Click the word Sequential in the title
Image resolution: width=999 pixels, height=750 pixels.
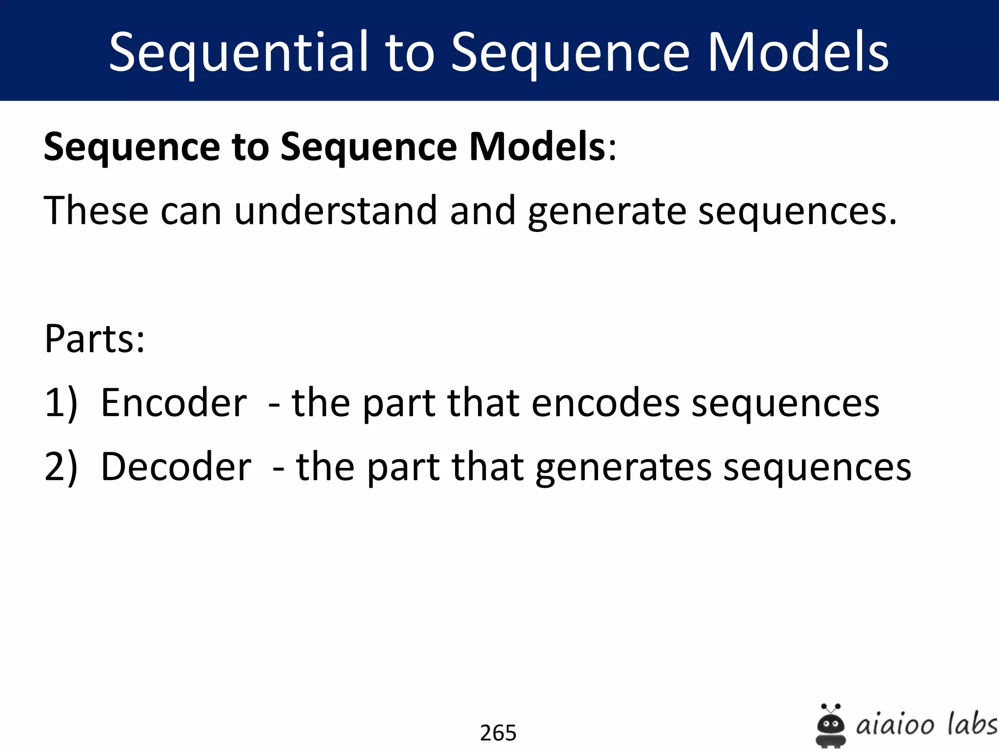(238, 52)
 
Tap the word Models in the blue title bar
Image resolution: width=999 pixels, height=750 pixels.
(798, 52)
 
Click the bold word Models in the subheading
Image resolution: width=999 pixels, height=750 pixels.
(537, 146)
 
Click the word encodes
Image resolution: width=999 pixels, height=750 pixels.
(605, 403)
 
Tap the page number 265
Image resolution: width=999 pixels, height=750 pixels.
(498, 733)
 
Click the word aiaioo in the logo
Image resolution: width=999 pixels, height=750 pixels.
(895, 725)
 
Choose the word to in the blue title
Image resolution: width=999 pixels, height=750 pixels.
(410, 52)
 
